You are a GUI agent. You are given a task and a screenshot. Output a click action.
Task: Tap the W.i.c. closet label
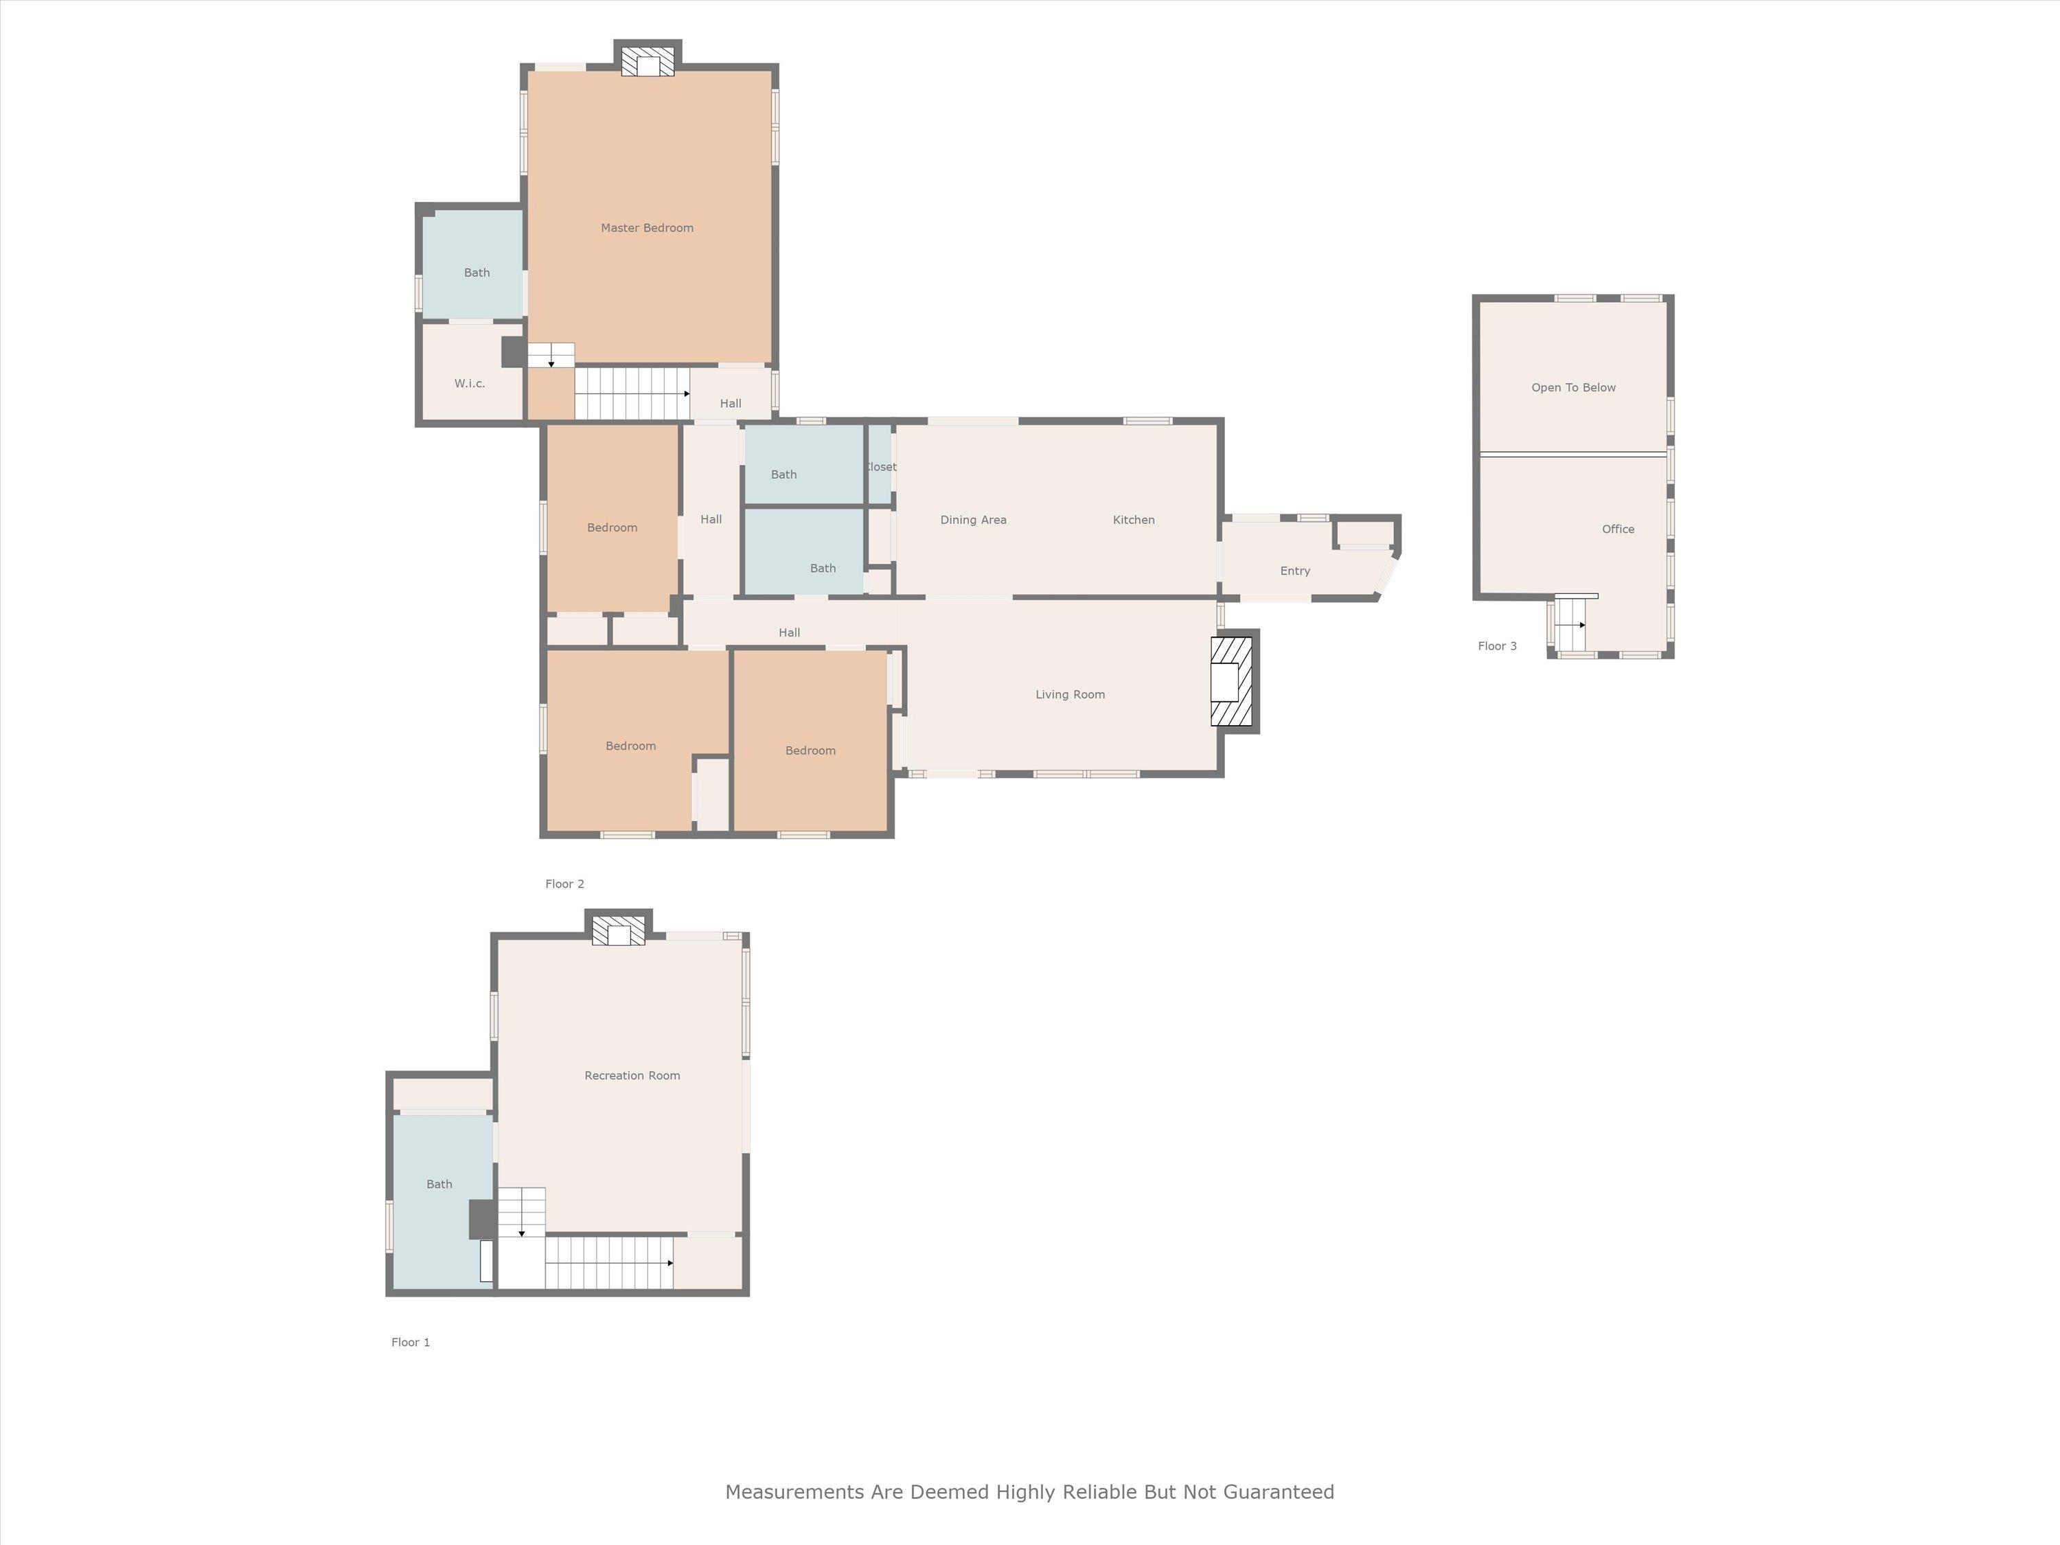(470, 382)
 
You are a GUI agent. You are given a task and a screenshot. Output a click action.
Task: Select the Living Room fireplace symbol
(1231, 680)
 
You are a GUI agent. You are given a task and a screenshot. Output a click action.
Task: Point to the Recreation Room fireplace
(619, 931)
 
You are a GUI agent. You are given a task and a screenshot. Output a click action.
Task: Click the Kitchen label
(1134, 520)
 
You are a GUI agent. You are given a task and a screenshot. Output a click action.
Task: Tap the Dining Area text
(972, 520)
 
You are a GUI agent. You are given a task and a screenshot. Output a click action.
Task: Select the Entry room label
(1294, 571)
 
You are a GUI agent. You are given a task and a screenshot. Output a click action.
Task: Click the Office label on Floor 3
(1618, 529)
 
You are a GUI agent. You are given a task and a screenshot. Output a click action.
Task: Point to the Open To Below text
(1573, 387)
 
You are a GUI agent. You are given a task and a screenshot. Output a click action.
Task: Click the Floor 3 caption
(1496, 646)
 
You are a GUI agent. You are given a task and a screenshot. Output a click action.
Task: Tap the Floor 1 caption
(410, 1342)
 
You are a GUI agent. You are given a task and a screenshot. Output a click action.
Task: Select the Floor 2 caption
(564, 884)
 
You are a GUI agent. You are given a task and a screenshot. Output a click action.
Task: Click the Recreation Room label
(632, 1075)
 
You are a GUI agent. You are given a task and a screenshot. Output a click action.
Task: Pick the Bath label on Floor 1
(439, 1184)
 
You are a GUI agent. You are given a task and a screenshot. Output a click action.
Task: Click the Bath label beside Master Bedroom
(476, 273)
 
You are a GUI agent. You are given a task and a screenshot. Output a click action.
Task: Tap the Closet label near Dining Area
(881, 466)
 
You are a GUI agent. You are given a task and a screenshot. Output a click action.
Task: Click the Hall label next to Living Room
(789, 632)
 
